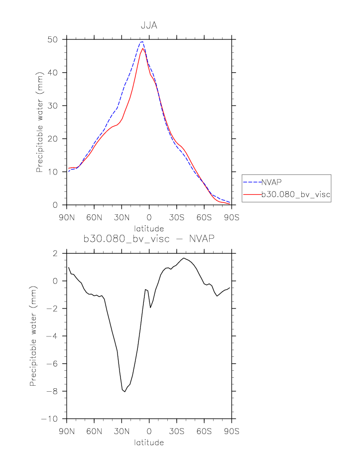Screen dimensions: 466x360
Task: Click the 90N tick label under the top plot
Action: coord(67,217)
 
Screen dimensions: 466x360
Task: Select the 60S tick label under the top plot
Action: coord(204,217)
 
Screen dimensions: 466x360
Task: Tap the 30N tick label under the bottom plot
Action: coord(121,431)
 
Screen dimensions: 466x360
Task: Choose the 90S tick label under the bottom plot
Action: coord(231,431)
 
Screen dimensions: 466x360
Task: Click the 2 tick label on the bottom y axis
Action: coord(56,254)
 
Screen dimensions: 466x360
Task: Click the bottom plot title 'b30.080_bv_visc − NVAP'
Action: coord(149,239)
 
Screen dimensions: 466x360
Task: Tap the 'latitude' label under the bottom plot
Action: coord(149,442)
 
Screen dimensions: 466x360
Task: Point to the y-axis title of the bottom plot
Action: coord(33,336)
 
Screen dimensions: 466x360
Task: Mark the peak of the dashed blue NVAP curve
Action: coord(142,42)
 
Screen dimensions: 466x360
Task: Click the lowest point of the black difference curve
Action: coord(124,392)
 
